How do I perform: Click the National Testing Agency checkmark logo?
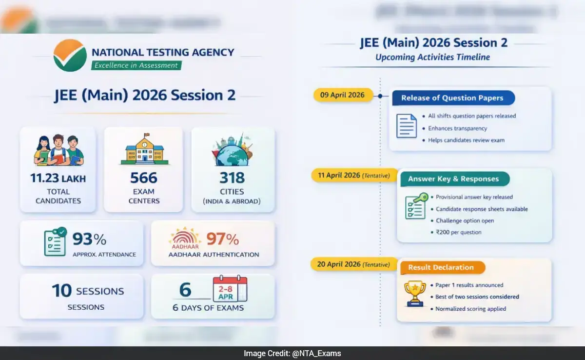click(70, 55)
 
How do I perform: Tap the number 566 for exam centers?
click(143, 178)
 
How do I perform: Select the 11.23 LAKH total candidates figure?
click(58, 178)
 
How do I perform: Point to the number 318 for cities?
click(232, 178)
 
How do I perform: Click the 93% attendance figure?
click(90, 239)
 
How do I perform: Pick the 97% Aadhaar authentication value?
click(223, 239)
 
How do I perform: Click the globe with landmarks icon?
click(232, 150)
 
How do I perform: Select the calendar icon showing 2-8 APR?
click(230, 289)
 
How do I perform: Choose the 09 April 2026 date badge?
click(342, 95)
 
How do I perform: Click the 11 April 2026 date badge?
click(351, 175)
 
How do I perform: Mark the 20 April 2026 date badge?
click(351, 264)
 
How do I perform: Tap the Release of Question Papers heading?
click(453, 98)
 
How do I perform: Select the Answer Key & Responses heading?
click(453, 179)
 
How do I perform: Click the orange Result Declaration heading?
click(441, 267)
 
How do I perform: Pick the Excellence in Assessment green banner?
click(136, 65)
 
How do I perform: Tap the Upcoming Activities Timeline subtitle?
click(432, 57)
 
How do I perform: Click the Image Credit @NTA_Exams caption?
click(292, 353)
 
